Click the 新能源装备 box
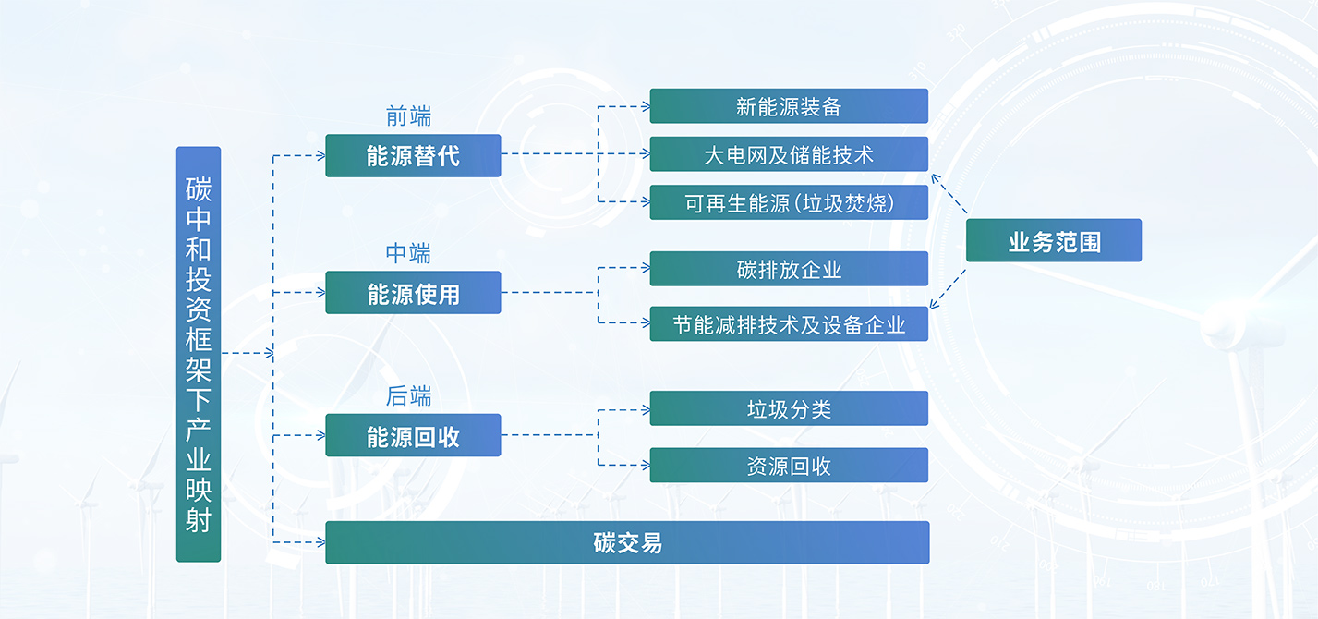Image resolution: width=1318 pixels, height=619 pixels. coord(789,106)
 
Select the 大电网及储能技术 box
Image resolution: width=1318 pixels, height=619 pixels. coord(789,154)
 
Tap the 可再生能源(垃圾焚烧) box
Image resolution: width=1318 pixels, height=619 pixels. coord(789,202)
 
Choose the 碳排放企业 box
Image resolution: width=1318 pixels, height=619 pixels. coord(789,269)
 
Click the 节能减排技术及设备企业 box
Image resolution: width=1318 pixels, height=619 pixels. coord(789,323)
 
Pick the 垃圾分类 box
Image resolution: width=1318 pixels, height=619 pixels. coord(789,408)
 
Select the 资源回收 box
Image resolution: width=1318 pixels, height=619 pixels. coord(789,466)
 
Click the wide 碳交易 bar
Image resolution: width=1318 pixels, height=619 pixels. coord(627,542)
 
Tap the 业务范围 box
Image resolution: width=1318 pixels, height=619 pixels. coord(1054,240)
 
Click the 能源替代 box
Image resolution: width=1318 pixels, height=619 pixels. coord(413,156)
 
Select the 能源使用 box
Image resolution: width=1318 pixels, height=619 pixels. coord(413,293)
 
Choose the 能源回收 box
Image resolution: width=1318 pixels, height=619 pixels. coord(413,435)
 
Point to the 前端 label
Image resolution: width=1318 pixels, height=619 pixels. coord(408,116)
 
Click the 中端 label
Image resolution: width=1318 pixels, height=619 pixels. coord(408,253)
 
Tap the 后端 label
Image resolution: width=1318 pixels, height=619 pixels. coord(408,396)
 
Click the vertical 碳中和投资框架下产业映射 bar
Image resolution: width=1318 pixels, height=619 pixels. coord(199,354)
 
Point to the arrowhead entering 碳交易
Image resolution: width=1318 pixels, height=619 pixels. coord(321,542)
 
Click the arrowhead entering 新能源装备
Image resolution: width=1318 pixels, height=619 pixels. coord(646,106)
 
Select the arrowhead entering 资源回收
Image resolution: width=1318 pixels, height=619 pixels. coord(646,465)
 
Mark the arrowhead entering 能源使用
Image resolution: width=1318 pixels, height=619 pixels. coord(321,293)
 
